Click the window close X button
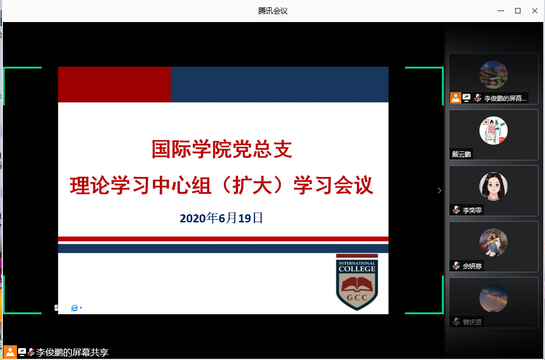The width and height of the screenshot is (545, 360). click(535, 11)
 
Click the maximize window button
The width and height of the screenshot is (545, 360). click(518, 11)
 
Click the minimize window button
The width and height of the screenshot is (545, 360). click(501, 11)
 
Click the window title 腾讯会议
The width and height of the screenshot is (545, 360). click(273, 11)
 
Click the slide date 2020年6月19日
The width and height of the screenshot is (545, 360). click(221, 218)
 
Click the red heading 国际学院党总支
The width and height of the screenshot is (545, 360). click(222, 149)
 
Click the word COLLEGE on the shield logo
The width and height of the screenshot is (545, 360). click(357, 269)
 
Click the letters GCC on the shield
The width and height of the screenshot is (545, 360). click(357, 297)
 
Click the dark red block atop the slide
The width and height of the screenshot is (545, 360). click(114, 84)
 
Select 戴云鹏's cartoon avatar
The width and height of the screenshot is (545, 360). click(494, 131)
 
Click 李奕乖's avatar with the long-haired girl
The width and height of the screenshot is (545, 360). click(494, 186)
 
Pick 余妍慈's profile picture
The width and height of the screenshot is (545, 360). click(494, 242)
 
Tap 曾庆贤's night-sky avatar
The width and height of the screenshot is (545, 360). click(494, 298)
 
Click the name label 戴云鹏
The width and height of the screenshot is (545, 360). click(461, 154)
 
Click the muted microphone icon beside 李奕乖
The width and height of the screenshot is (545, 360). click(456, 210)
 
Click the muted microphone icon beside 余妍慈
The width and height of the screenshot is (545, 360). click(456, 266)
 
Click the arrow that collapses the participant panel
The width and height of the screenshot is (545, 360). click(440, 190)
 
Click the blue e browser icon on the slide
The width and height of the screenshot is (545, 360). click(75, 308)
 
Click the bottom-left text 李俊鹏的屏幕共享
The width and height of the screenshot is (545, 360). click(72, 352)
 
